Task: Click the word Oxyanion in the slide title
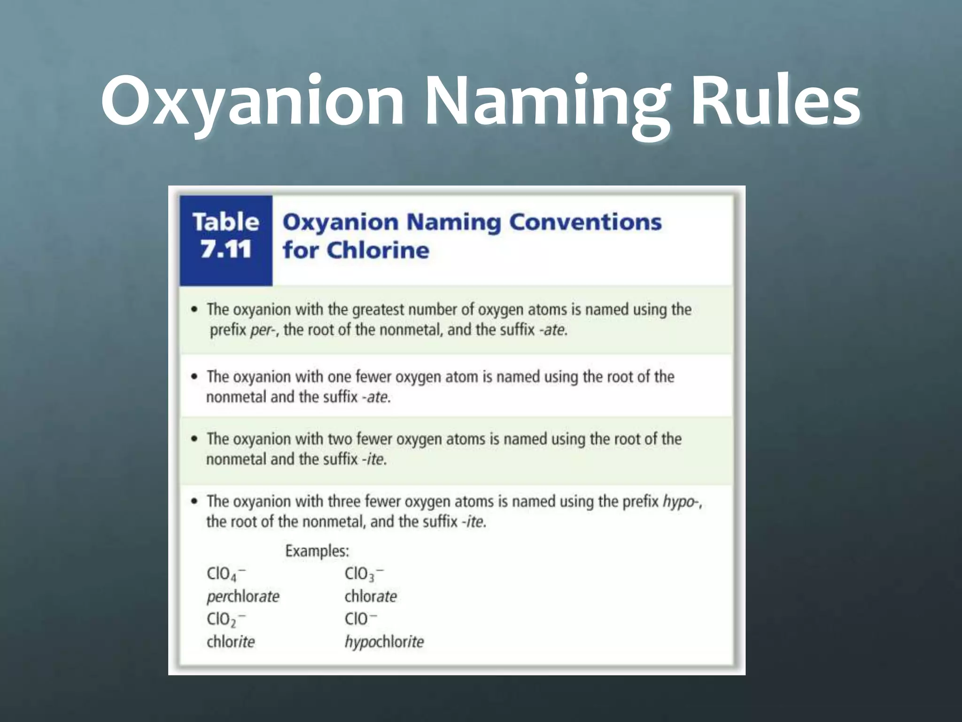252,101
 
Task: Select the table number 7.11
226,249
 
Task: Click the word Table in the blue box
226,221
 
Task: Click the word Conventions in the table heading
585,221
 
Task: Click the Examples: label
317,551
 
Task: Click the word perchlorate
243,596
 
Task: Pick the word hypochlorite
384,642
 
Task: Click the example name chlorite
231,642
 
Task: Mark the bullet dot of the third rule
194,439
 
